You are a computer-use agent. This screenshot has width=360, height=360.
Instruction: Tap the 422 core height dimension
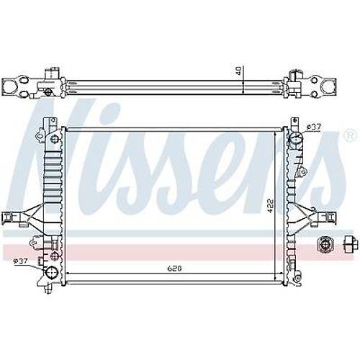pos(270,205)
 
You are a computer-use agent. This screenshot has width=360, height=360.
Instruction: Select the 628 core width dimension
pos(174,269)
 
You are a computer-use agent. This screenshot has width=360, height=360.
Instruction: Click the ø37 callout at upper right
pos(314,127)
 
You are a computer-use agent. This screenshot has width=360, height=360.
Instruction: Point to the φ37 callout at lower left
pos(21,261)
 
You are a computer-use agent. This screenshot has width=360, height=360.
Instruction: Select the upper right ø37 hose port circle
pos(296,138)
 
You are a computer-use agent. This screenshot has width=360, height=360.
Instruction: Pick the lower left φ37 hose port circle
pos(52,272)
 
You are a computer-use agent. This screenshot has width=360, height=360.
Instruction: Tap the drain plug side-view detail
pos(349,244)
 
